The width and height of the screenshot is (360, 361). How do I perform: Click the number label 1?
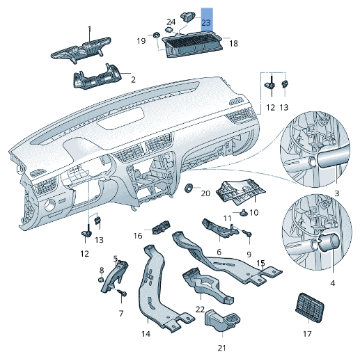click(x=89, y=29)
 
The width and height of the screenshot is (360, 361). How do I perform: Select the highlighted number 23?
click(x=206, y=22)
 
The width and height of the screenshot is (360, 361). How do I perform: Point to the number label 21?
click(x=222, y=347)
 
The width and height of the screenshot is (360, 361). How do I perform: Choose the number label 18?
click(x=233, y=43)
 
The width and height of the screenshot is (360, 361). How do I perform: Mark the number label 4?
click(x=331, y=283)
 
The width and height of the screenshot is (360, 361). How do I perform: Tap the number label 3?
click(x=336, y=192)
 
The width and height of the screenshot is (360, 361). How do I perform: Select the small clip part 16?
click(x=162, y=227)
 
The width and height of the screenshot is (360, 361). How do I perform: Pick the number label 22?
click(x=200, y=309)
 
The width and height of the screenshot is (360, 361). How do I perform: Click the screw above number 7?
click(x=123, y=294)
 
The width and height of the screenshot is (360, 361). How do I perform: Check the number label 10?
click(x=253, y=212)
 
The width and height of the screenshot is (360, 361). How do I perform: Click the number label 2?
click(x=133, y=81)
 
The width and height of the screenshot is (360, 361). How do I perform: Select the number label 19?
click(x=141, y=41)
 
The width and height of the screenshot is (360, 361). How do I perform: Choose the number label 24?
click(x=171, y=22)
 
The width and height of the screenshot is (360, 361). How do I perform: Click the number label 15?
click(x=260, y=264)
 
